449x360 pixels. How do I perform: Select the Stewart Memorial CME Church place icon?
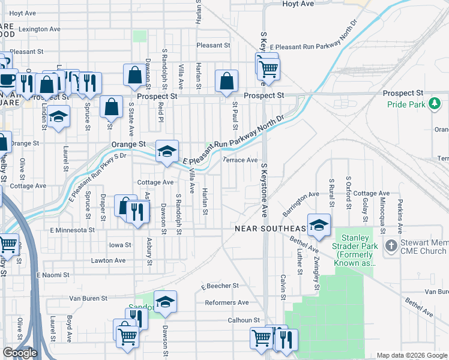tap(391, 245)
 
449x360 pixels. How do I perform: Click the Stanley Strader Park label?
tap(355, 250)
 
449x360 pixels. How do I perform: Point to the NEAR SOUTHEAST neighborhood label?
tap(270, 229)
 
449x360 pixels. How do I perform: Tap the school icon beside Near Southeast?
tap(319, 225)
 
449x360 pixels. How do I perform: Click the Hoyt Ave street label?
tap(298, 4)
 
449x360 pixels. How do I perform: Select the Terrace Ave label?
tap(240, 160)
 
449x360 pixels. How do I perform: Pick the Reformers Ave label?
tap(226, 302)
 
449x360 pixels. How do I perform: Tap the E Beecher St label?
tap(220, 286)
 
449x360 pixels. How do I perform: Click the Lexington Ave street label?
tap(40, 29)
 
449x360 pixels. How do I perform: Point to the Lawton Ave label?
tap(108, 260)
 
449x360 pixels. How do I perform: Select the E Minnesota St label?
tap(72, 230)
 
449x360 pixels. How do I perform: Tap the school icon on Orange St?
tap(167, 151)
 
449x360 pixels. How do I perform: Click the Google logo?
tap(20, 353)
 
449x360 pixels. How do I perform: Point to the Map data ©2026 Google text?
tap(411, 355)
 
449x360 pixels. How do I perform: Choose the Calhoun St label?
tap(243, 320)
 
